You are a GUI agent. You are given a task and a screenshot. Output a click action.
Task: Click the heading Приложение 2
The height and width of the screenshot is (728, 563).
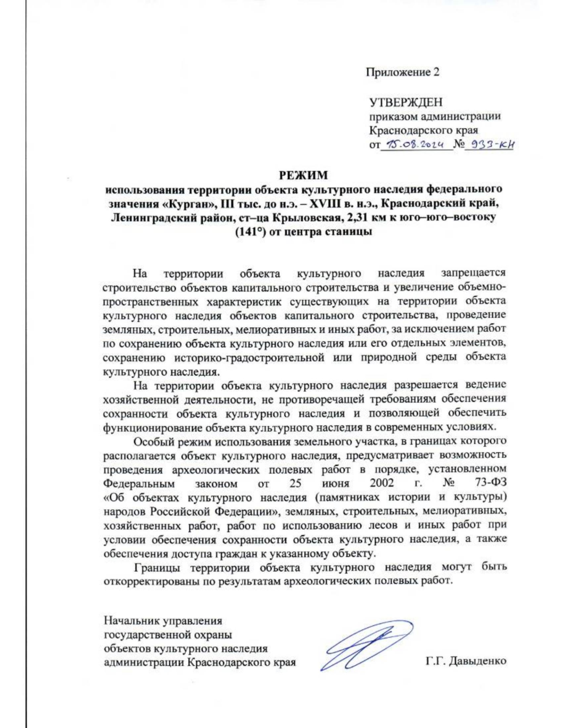pyautogui.click(x=403, y=72)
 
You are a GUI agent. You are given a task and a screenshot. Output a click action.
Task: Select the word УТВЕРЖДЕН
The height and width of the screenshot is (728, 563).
pyautogui.click(x=406, y=102)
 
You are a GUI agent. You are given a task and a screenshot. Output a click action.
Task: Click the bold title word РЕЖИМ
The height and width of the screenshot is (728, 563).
pyautogui.click(x=304, y=175)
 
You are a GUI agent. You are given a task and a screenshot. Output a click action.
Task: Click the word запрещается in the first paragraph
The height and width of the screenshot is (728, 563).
pyautogui.click(x=473, y=273)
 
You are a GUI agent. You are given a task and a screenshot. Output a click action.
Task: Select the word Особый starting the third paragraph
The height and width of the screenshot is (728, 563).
pyautogui.click(x=151, y=442)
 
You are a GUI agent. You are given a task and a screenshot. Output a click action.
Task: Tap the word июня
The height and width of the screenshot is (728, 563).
pyautogui.click(x=335, y=483)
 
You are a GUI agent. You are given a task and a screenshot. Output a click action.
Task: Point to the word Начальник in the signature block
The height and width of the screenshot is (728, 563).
pyautogui.click(x=131, y=621)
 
